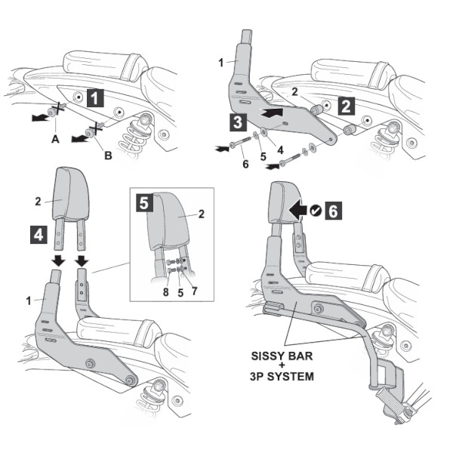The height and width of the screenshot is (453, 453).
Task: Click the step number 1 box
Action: pos(95,98)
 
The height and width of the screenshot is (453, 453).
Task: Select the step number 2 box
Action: pos(346,106)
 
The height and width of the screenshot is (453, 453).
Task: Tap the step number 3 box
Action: pos(238,122)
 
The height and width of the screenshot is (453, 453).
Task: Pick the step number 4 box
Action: pos(39,235)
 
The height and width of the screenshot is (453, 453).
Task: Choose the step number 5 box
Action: pos(144,203)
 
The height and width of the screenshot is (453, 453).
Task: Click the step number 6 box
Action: pos(334,211)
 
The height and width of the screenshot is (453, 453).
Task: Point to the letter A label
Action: pos(55,140)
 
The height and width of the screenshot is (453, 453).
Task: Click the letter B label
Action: pos(108,156)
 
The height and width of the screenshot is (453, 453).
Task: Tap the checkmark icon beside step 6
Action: pos(316,211)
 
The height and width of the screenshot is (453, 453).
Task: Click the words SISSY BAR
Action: pos(282,356)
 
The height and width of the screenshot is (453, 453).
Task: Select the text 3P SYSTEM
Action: pos(282,377)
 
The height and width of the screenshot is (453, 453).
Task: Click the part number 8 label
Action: pos(165,292)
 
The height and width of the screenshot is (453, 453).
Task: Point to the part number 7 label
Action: pos(195,291)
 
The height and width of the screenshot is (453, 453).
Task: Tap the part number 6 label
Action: pos(245,164)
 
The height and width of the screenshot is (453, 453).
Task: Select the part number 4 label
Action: pos(280,150)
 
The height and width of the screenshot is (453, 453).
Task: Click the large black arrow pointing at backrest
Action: pos(298,211)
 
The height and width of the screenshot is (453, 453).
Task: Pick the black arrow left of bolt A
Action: pos(40,117)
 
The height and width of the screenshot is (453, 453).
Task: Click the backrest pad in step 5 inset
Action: pos(168,221)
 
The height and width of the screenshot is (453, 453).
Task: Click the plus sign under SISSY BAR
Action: pos(282,366)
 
